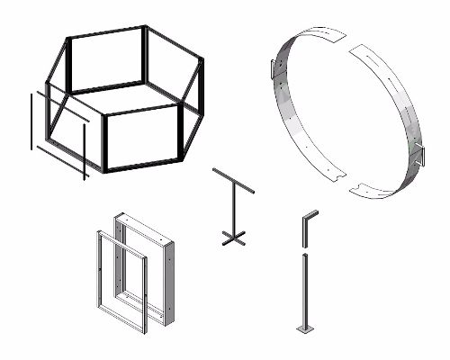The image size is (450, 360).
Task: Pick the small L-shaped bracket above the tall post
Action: [x=306, y=225]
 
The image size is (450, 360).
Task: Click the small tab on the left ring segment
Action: [x=273, y=68]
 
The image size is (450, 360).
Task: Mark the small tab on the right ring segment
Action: [x=418, y=152]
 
